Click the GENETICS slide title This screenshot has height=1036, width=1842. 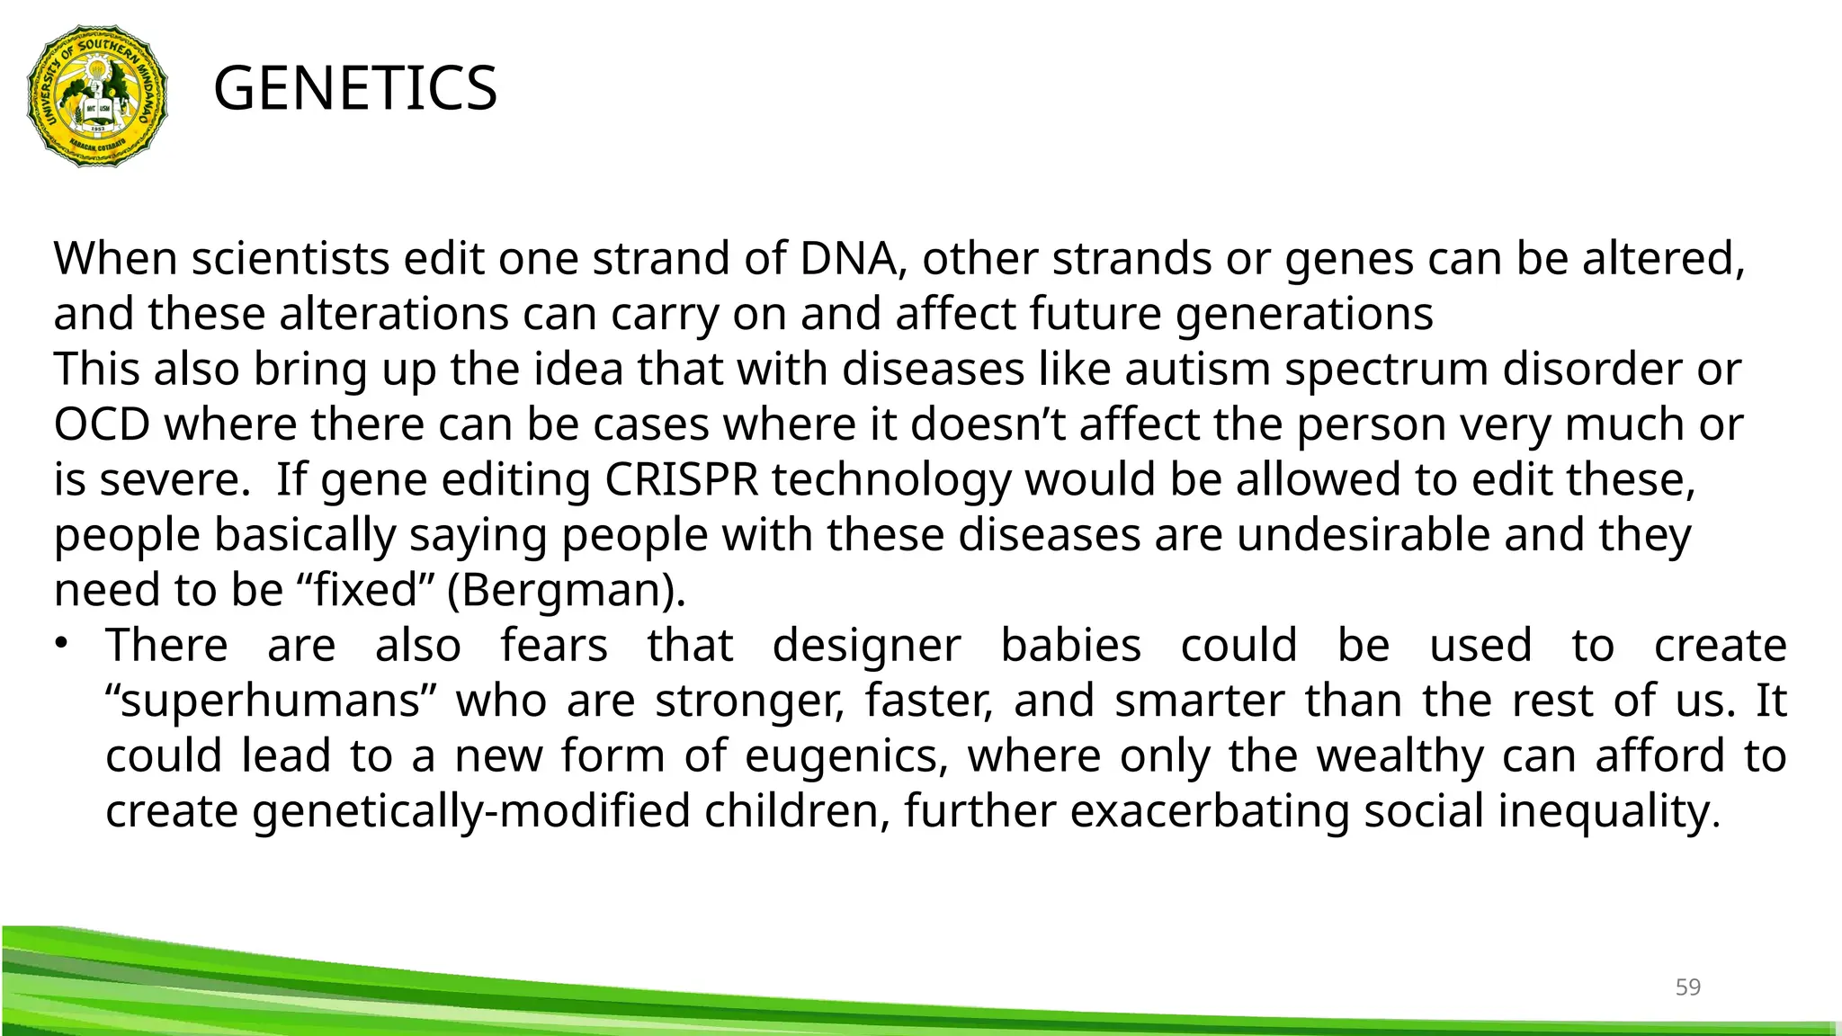click(355, 89)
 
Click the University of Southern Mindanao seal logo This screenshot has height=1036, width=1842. click(97, 95)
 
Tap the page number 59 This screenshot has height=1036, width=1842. click(1687, 987)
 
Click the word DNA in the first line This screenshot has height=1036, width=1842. click(848, 259)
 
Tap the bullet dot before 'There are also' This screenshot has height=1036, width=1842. click(61, 643)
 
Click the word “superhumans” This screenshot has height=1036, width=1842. click(271, 701)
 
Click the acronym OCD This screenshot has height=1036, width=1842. click(102, 424)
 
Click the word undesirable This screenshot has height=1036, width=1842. click(1363, 535)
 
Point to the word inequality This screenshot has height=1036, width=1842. click(1608, 811)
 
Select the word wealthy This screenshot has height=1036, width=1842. click(1400, 755)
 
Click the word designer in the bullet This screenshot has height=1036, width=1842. click(866, 646)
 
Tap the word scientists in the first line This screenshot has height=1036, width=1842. click(291, 259)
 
